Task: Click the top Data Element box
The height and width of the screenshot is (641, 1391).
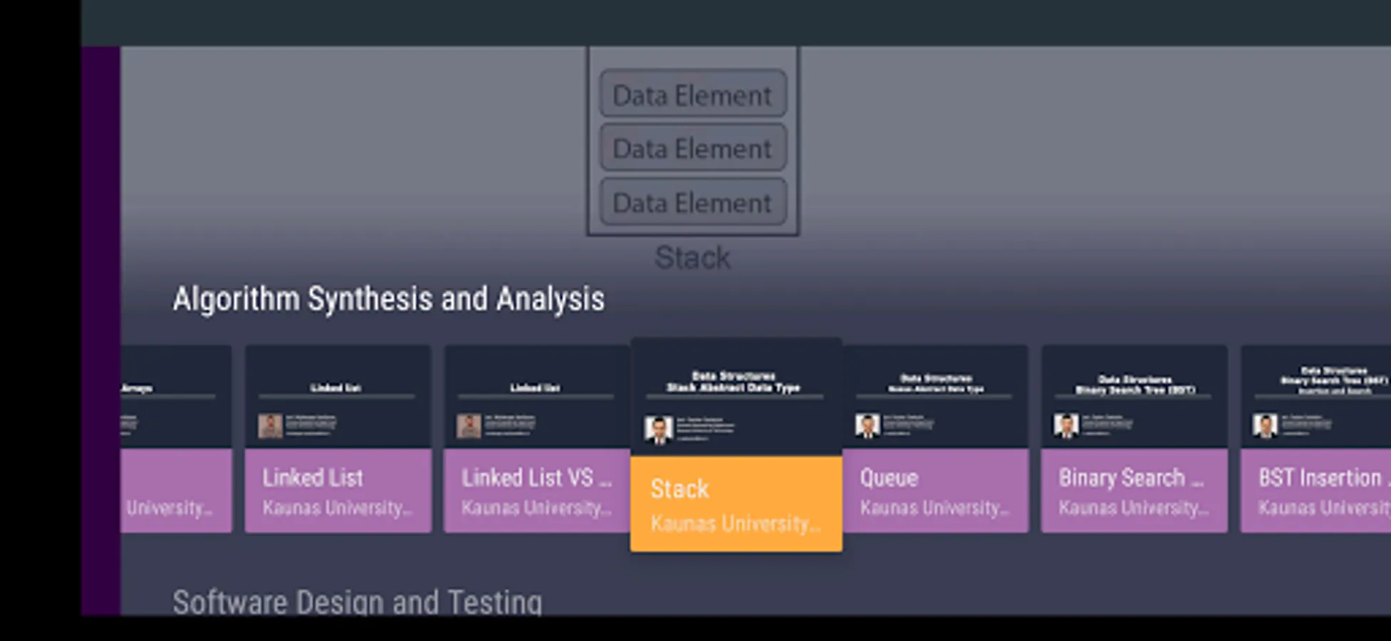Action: pyautogui.click(x=692, y=95)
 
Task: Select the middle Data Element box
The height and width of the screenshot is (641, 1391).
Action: pyautogui.click(x=692, y=148)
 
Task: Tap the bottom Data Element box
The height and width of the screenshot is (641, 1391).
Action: pyautogui.click(x=692, y=203)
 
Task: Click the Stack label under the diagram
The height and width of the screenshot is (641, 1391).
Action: pyautogui.click(x=692, y=258)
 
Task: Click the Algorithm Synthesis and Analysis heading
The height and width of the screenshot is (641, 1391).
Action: pyautogui.click(x=388, y=299)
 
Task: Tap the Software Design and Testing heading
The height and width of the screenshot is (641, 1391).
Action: pyautogui.click(x=357, y=602)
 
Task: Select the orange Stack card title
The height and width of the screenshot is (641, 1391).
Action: pyautogui.click(x=679, y=489)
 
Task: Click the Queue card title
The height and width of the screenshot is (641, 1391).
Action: pyautogui.click(x=889, y=477)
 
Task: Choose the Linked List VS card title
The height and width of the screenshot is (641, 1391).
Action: pyautogui.click(x=536, y=477)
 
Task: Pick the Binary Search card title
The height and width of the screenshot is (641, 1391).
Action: pyautogui.click(x=1130, y=477)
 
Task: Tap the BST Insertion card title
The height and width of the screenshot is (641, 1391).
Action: pyautogui.click(x=1321, y=477)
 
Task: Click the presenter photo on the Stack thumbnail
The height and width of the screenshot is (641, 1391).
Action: pyautogui.click(x=658, y=429)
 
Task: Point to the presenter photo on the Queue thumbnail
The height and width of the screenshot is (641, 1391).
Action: pyautogui.click(x=868, y=426)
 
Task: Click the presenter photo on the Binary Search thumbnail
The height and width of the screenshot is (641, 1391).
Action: pyautogui.click(x=1066, y=426)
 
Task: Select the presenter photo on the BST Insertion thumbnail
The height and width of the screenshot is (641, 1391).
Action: pyautogui.click(x=1266, y=426)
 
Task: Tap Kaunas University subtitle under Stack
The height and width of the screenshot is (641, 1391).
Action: pyautogui.click(x=735, y=524)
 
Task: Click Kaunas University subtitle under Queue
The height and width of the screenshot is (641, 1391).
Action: pyautogui.click(x=934, y=508)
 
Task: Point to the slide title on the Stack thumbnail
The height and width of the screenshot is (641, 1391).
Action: pyautogui.click(x=734, y=382)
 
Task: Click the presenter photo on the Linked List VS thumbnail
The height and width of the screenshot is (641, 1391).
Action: pyautogui.click(x=469, y=426)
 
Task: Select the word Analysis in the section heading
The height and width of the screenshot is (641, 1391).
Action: pyautogui.click(x=551, y=299)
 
